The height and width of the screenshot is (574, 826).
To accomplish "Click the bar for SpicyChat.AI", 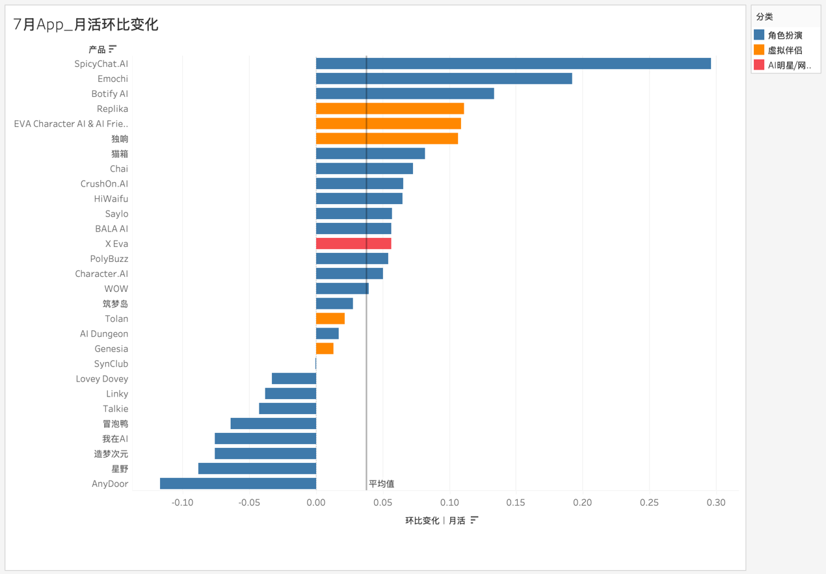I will coord(513,64).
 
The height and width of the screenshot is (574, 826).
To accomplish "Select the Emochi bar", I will coord(444,79).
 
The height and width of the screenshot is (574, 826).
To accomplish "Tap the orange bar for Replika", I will coord(390,109).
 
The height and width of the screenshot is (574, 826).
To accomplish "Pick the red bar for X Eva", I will coord(353,244).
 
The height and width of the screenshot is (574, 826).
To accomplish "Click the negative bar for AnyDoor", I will coord(238,484).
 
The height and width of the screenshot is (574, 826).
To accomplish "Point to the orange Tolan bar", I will coord(330,319).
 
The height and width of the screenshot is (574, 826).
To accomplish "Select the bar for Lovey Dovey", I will coord(294,378).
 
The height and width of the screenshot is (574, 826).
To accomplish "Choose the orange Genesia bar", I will coord(325,348).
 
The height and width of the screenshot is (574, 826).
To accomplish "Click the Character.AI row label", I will coord(101,274).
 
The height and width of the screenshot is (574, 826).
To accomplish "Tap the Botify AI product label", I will coord(109,94).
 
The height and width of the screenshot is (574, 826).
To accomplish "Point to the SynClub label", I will coord(111,363).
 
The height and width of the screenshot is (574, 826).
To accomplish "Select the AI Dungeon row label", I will coord(104,333).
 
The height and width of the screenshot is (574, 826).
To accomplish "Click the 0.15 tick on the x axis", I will coord(516,502).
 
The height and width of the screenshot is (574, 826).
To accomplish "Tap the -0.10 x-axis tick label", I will coord(182,502).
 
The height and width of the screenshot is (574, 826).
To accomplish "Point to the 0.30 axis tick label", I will coord(716,502).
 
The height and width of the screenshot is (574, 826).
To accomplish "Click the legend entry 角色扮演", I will coord(785,35).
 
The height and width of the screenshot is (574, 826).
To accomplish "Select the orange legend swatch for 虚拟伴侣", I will coord(759,50).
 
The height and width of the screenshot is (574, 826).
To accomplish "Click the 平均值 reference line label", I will coord(381,484).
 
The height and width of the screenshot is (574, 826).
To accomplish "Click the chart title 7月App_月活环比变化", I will coord(86,25).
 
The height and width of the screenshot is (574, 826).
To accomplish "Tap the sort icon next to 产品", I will coord(113,49).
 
